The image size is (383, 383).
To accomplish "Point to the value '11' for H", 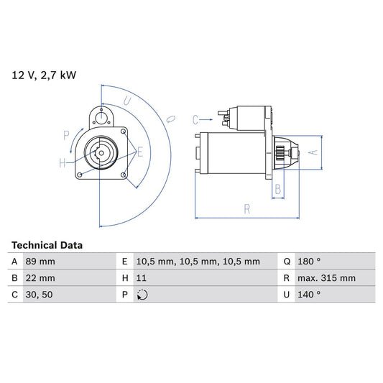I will tap(141, 278).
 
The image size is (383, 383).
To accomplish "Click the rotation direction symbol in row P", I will tap(142, 295).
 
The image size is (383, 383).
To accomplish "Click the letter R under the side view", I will tap(247, 210).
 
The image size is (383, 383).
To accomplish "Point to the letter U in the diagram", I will tap(126, 101).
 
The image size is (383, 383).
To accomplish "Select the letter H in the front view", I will tap(63, 163).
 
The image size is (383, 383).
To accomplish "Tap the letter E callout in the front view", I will tap(140, 152).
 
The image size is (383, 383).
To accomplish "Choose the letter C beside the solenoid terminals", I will tap(195, 119).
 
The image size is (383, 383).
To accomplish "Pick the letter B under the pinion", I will tap(277, 190).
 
